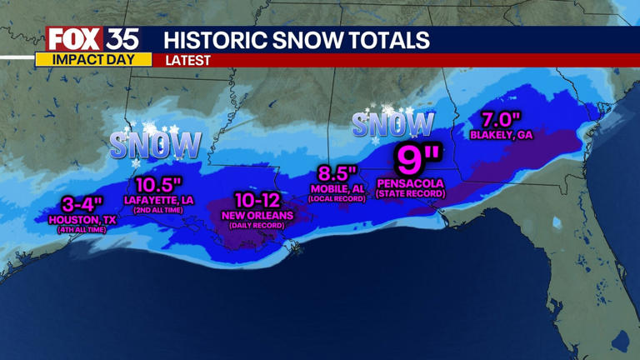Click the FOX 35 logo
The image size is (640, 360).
click(x=92, y=38)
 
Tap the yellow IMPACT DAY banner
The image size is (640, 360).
click(x=93, y=60)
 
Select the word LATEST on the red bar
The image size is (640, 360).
click(x=187, y=60)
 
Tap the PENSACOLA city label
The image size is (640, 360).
click(x=411, y=182)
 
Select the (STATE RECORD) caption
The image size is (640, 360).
click(x=411, y=194)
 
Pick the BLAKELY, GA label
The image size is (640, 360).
click(x=501, y=134)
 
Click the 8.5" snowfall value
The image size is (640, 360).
click(x=336, y=173)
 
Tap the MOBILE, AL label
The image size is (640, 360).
click(x=336, y=189)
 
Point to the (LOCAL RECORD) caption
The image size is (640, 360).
click(x=336, y=199)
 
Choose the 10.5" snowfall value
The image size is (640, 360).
click(x=157, y=184)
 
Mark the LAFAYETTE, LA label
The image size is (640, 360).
click(x=157, y=200)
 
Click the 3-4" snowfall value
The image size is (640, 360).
click(x=82, y=203)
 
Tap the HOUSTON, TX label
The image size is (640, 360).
click(x=82, y=219)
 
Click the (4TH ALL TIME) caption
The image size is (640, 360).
click(x=82, y=229)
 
